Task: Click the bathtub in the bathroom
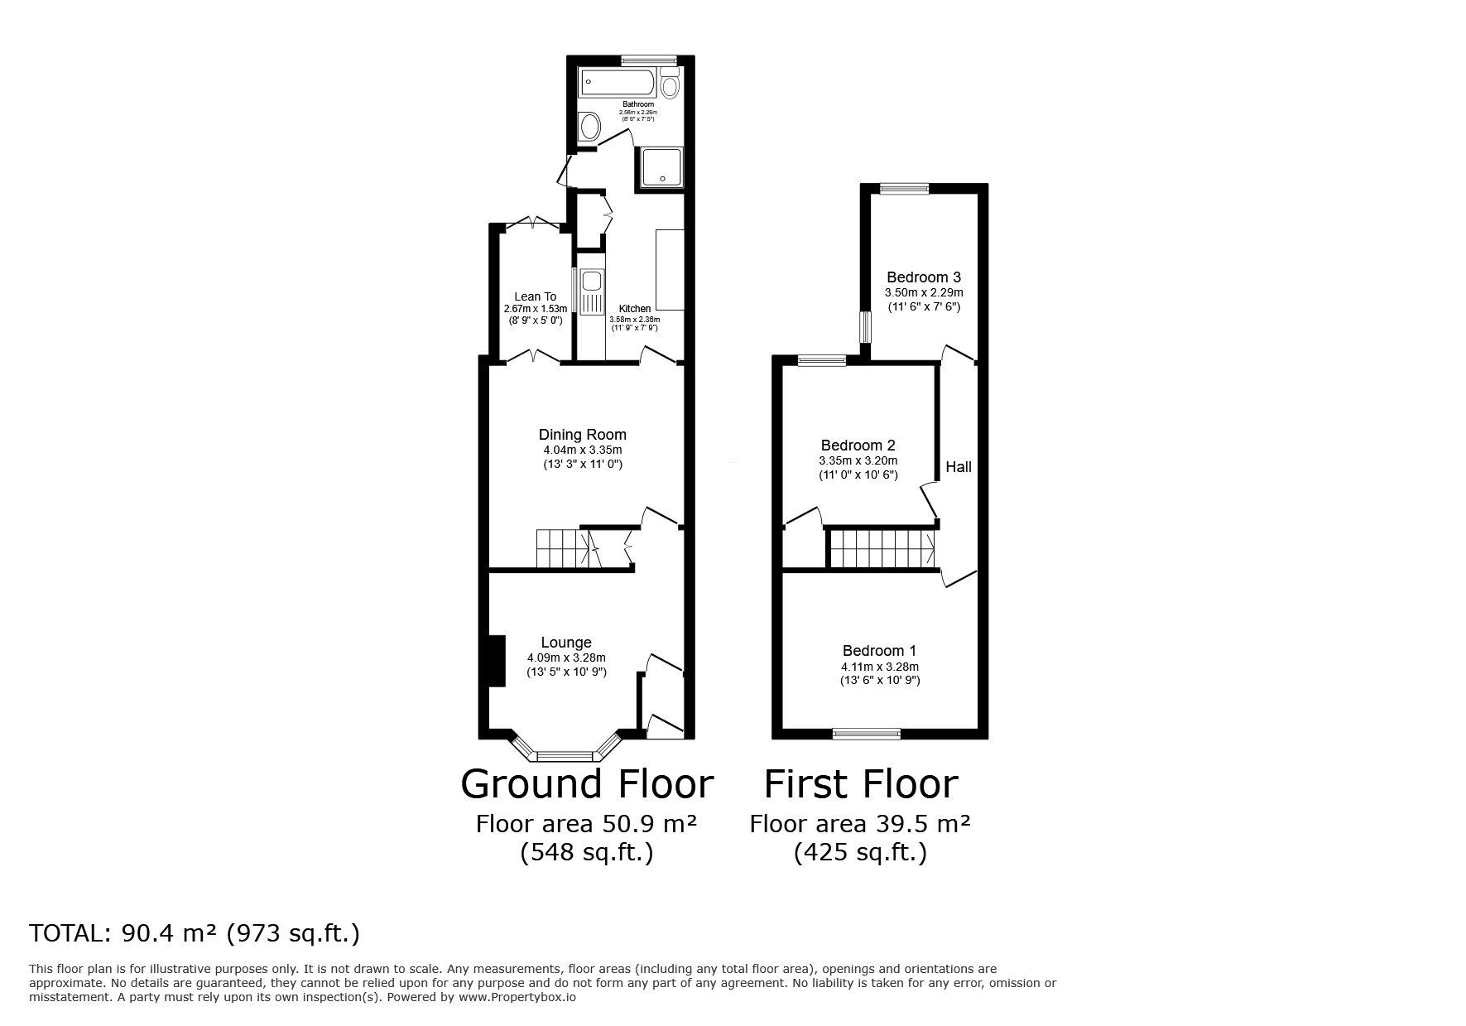pyautogui.click(x=618, y=83)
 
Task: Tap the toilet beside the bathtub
pyautogui.click(x=670, y=84)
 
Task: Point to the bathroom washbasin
pyautogui.click(x=589, y=127)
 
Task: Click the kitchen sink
pyautogui.click(x=592, y=291)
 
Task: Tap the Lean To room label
pyautogui.click(x=535, y=296)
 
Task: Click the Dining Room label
pyautogui.click(x=582, y=435)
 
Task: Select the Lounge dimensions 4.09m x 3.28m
pyautogui.click(x=566, y=658)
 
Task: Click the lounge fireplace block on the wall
pyautogui.click(x=497, y=660)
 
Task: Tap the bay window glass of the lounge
pyautogui.click(x=565, y=755)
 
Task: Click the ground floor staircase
pyautogui.click(x=563, y=549)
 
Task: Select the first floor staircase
pyautogui.click(x=882, y=549)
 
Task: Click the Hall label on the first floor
pyautogui.click(x=959, y=467)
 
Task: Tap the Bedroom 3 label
pyautogui.click(x=924, y=277)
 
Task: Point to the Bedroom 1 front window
pyautogui.click(x=866, y=733)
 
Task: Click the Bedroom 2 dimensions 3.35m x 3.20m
pyautogui.click(x=858, y=461)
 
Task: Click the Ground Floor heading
pyautogui.click(x=586, y=783)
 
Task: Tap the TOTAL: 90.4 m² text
pyautogui.click(x=194, y=933)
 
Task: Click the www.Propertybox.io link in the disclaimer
pyautogui.click(x=517, y=997)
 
